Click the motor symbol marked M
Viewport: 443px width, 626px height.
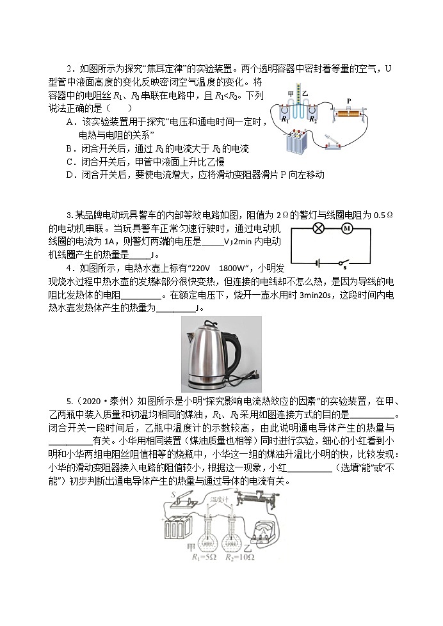click(348, 228)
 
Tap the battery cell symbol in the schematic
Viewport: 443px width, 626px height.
click(316, 262)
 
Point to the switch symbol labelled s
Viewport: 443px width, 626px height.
click(344, 262)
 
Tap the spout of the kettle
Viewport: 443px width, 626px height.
click(189, 337)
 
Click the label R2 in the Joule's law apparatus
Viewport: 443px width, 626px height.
click(312, 120)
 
